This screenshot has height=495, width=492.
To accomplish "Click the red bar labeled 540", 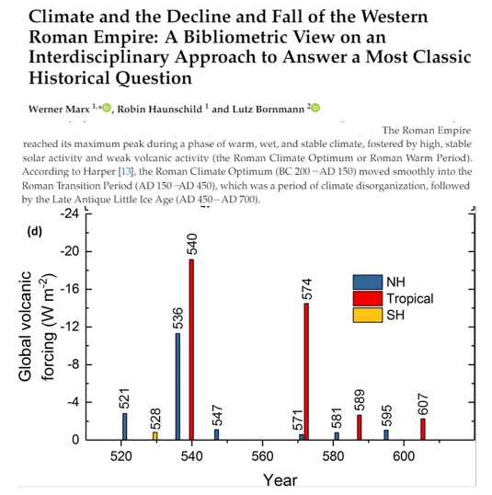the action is click(x=191, y=350).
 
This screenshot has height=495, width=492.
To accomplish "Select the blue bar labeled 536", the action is click(x=178, y=386).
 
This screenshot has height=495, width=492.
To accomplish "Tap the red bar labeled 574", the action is click(x=306, y=372).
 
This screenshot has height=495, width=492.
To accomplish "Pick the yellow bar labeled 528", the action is click(x=154, y=436).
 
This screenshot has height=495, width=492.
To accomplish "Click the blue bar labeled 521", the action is click(x=125, y=427).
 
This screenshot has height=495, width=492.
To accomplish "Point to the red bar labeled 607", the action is click(x=423, y=430).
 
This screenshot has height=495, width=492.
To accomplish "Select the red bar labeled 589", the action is click(x=360, y=428).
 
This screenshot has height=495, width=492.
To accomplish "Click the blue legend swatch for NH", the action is click(x=368, y=282).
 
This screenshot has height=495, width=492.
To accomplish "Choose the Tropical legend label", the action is click(x=410, y=299).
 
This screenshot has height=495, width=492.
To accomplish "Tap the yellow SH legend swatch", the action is click(x=368, y=315).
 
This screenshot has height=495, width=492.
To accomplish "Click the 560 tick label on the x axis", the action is click(x=262, y=456).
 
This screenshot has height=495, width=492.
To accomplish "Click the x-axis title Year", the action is click(x=280, y=480).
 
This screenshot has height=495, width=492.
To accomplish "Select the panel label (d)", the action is click(x=35, y=232).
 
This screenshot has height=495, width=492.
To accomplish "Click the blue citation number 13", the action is click(x=126, y=171).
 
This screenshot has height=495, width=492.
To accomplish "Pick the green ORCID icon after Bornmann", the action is click(x=315, y=108).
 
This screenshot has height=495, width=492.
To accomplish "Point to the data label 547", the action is click(x=217, y=416).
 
